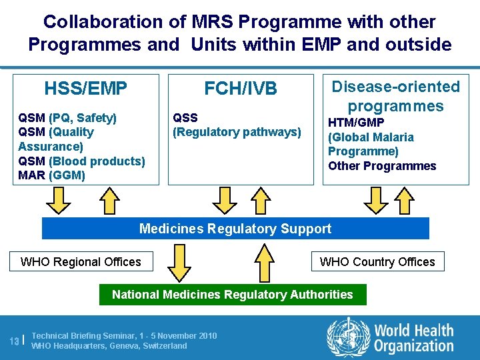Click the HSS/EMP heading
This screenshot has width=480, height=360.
[85, 89]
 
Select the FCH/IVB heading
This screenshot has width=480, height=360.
[241, 89]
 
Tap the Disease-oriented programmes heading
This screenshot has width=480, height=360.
[396, 96]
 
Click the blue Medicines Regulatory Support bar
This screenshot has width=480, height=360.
[235, 229]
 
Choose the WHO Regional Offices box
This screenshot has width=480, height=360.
[81, 261]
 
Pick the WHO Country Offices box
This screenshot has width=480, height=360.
[377, 261]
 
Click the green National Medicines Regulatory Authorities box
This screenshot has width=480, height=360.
[233, 294]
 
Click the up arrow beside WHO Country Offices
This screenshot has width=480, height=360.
[265, 261]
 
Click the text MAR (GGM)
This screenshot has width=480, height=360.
[51, 175]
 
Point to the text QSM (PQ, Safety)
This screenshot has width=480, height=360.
[67, 118]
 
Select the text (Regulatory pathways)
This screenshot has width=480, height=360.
[237, 132]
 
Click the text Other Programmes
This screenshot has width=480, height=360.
[382, 166]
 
